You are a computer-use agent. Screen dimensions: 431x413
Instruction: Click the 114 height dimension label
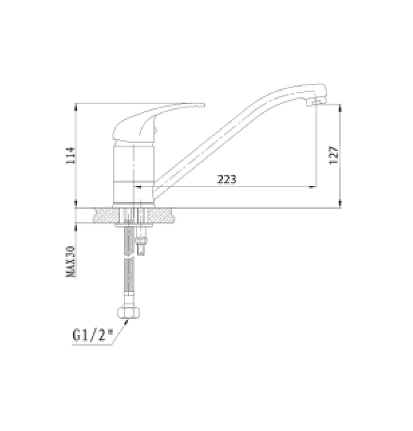(x=70, y=155)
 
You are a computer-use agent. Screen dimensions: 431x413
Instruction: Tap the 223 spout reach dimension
(x=227, y=180)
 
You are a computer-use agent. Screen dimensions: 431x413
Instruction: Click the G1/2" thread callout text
(x=91, y=336)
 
